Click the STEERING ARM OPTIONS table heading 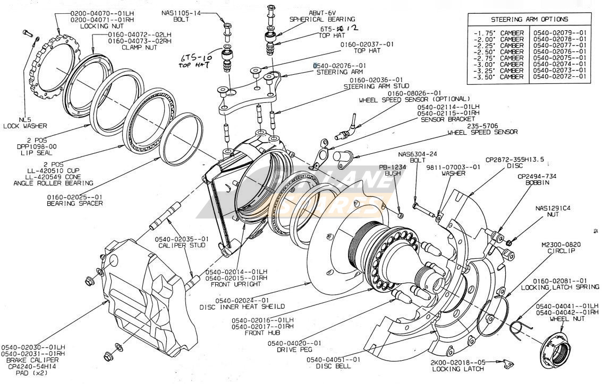[529, 20]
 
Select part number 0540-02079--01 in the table [561, 33]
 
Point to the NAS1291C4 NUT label [553, 212]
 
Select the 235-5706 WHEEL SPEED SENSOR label [482, 129]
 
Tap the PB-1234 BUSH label [392, 170]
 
